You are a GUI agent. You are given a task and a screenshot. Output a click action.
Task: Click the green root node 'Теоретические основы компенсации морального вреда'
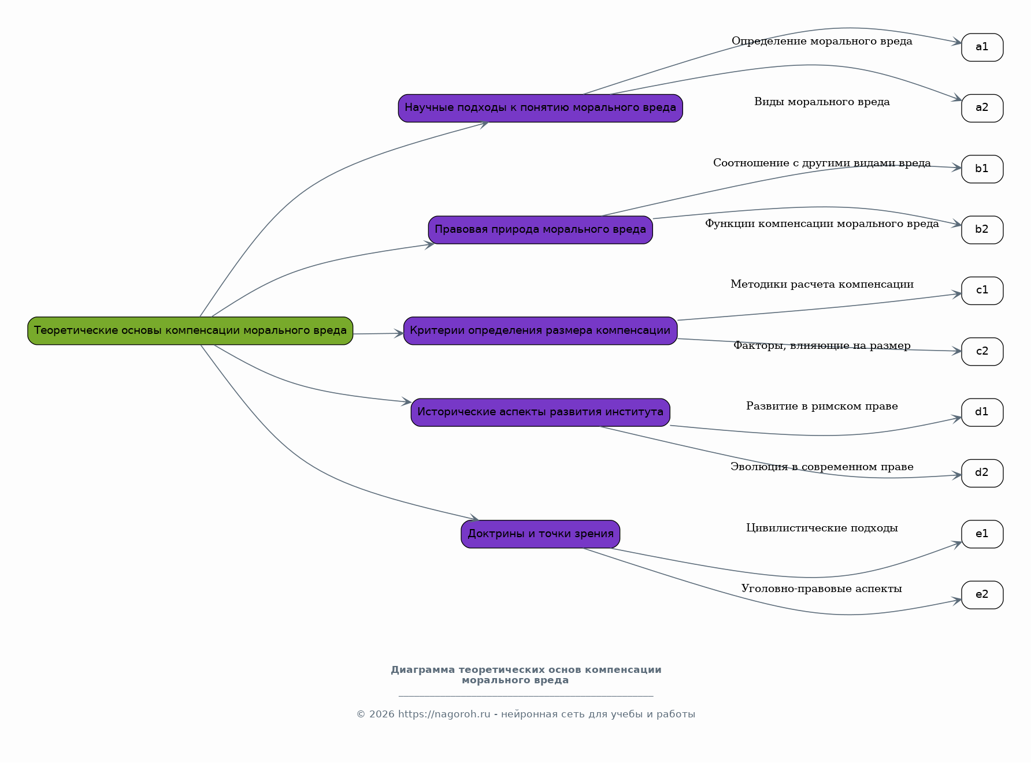(x=190, y=330)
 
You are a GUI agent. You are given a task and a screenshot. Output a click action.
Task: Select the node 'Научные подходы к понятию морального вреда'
(x=540, y=108)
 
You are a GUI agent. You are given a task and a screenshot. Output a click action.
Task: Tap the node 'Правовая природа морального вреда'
(x=540, y=230)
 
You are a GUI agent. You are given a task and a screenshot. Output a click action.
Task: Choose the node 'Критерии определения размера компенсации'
(x=540, y=330)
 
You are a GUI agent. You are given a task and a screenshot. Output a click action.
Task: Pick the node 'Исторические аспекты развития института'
(x=540, y=412)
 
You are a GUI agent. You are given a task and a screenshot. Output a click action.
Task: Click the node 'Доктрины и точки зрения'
(x=540, y=534)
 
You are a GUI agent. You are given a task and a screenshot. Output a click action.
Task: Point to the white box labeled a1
(x=982, y=47)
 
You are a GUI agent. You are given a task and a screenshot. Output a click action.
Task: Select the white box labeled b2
(x=982, y=230)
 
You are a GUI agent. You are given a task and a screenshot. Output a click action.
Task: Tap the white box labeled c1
(x=982, y=291)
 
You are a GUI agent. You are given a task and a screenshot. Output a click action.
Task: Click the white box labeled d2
(x=982, y=473)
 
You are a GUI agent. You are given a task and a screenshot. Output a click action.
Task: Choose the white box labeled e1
(x=982, y=534)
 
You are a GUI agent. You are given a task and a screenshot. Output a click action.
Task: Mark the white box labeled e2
(x=982, y=595)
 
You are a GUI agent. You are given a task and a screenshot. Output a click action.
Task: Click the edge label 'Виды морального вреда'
(x=822, y=102)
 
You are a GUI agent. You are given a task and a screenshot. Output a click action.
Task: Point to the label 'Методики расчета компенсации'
(x=822, y=284)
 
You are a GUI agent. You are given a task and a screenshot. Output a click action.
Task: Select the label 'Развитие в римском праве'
(x=822, y=406)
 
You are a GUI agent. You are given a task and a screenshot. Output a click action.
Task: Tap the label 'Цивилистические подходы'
(x=822, y=528)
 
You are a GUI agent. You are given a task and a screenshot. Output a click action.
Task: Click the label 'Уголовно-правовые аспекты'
(x=822, y=589)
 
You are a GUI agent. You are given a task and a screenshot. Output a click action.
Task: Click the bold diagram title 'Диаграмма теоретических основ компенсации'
(x=526, y=670)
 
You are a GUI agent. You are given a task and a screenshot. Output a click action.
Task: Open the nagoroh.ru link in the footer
(x=444, y=714)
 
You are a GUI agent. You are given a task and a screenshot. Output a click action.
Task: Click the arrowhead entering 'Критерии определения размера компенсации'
(x=399, y=333)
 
